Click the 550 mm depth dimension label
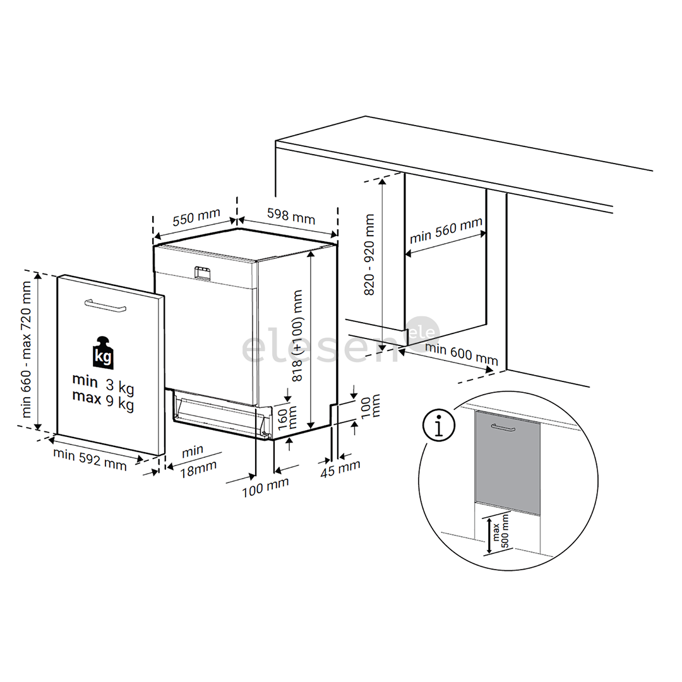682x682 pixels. (x=196, y=217)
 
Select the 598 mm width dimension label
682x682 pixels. (x=290, y=217)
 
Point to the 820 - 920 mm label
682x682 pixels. (x=369, y=254)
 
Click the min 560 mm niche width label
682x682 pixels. (x=445, y=231)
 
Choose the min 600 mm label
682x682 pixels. (x=461, y=355)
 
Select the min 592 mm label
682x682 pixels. (x=90, y=459)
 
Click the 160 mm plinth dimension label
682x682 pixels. (x=277, y=417)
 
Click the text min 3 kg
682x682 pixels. (x=103, y=383)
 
